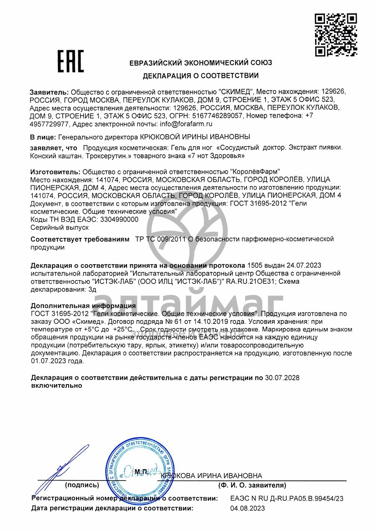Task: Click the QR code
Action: coord(335,35)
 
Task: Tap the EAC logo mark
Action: coord(71,61)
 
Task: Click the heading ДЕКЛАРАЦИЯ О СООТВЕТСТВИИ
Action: coord(201,76)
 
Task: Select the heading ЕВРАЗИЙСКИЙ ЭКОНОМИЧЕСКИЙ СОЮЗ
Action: coord(201,63)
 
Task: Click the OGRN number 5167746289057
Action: coord(216,116)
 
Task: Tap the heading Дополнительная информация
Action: coord(83,306)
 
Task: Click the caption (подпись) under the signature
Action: coord(82,485)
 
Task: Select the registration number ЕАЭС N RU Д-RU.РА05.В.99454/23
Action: coord(287,498)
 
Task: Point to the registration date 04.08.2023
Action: coord(247,508)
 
